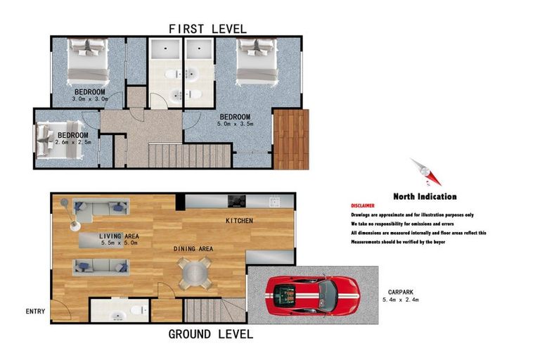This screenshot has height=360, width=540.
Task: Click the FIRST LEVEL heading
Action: [207, 29]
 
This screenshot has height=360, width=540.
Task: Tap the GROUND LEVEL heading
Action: [210, 334]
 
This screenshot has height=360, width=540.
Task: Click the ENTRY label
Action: [35, 311]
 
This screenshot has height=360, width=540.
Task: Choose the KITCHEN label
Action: [239, 221]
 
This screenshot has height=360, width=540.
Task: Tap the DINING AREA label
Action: [194, 249]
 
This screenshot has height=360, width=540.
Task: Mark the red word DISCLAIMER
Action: [364, 206]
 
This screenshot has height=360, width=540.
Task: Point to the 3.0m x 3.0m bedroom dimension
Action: [90, 99]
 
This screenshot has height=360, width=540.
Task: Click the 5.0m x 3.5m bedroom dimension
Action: [235, 124]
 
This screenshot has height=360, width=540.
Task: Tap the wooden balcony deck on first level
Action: [290, 139]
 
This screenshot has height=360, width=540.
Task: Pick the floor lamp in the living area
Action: [69, 214]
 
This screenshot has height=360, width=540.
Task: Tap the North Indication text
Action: [425, 197]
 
